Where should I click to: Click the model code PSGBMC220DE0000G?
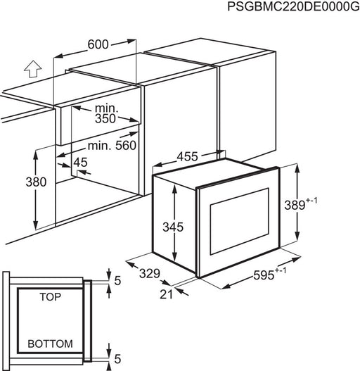(293, 6)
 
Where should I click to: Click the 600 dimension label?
(98, 44)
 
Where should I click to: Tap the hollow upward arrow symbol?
(33, 69)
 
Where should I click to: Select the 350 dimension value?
(105, 118)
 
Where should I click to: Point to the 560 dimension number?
(126, 146)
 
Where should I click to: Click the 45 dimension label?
(80, 163)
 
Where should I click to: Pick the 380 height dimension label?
(36, 182)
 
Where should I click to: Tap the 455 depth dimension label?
(187, 156)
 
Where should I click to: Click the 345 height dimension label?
(173, 227)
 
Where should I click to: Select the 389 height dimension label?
(295, 205)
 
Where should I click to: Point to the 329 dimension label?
(150, 274)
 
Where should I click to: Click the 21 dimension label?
(167, 294)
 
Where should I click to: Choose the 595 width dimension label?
(264, 275)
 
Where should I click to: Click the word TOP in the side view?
(50, 297)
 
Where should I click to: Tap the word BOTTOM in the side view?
(50, 344)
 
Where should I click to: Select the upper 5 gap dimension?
(117, 281)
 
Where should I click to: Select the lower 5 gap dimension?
(117, 359)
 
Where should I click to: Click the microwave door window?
(240, 221)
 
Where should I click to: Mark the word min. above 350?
(106, 108)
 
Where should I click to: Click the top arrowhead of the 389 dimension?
(297, 168)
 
